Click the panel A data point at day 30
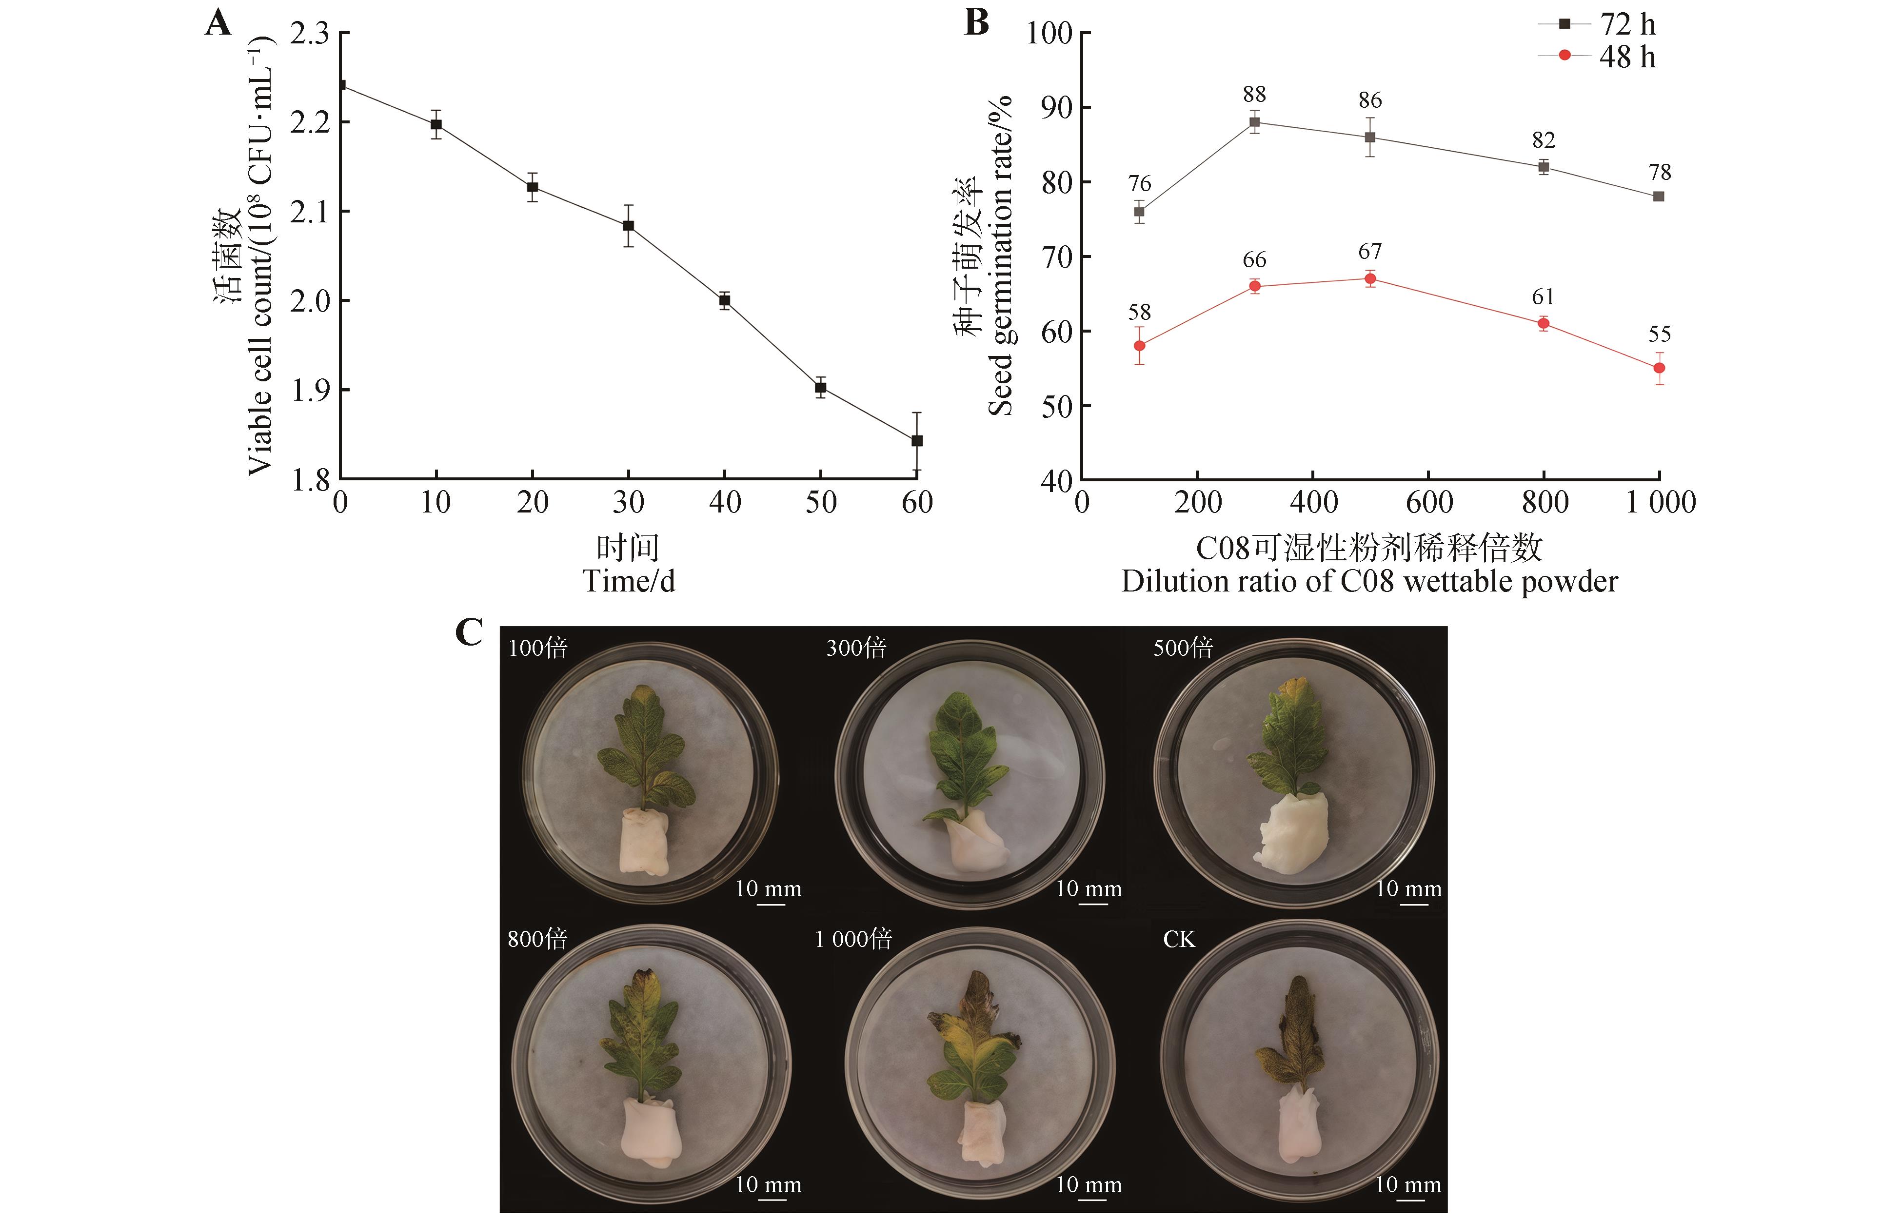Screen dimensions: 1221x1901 point(628,226)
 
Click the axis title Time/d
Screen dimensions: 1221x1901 point(629,581)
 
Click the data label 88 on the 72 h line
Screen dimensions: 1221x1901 point(1254,94)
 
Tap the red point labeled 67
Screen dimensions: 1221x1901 point(1370,278)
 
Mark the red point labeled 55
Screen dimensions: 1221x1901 point(1659,368)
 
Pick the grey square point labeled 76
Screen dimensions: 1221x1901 point(1139,212)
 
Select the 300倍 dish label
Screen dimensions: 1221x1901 point(856,648)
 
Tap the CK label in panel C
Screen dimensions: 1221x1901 point(1178,940)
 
